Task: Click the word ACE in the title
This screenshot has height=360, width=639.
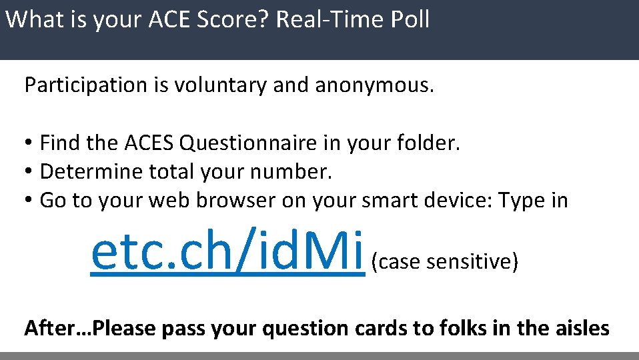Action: coord(160,19)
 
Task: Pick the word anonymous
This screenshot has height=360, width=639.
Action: coord(374,85)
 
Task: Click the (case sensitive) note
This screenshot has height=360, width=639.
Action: coord(445,262)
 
